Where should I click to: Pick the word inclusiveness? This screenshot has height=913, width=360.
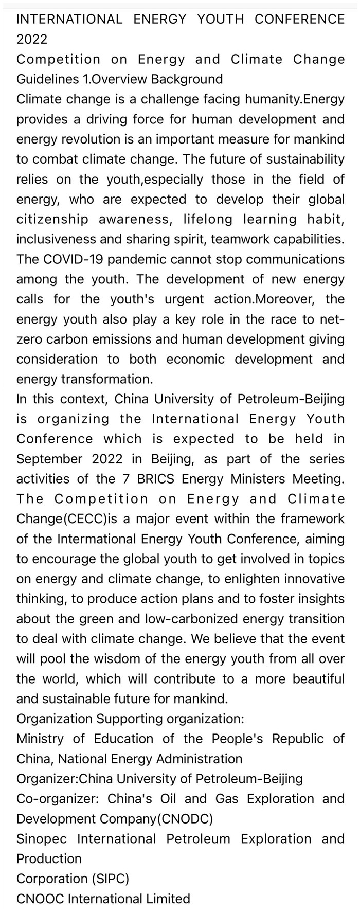coord(57,239)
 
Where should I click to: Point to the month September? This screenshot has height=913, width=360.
coord(49,459)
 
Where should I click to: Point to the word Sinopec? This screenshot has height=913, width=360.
coord(42,839)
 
